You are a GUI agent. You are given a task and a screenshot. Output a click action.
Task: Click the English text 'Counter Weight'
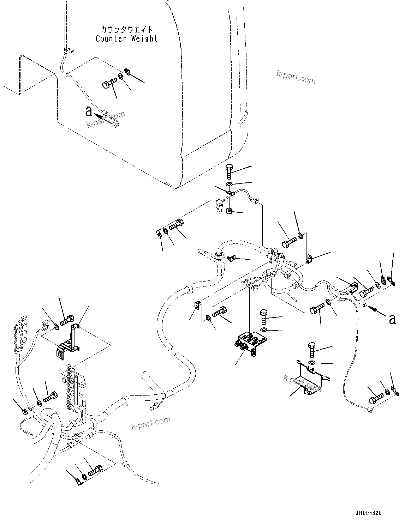(x=126, y=39)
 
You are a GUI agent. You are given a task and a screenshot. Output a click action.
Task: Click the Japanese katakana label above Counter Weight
(x=126, y=30)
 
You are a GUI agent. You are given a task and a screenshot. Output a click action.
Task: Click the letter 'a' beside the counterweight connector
(x=89, y=111)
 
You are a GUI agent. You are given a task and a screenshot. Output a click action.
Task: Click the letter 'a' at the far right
(x=392, y=319)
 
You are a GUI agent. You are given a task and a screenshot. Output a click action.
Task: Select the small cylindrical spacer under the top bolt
(x=229, y=212)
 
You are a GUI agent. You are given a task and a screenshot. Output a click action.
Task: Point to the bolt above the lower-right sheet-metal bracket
(x=312, y=350)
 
